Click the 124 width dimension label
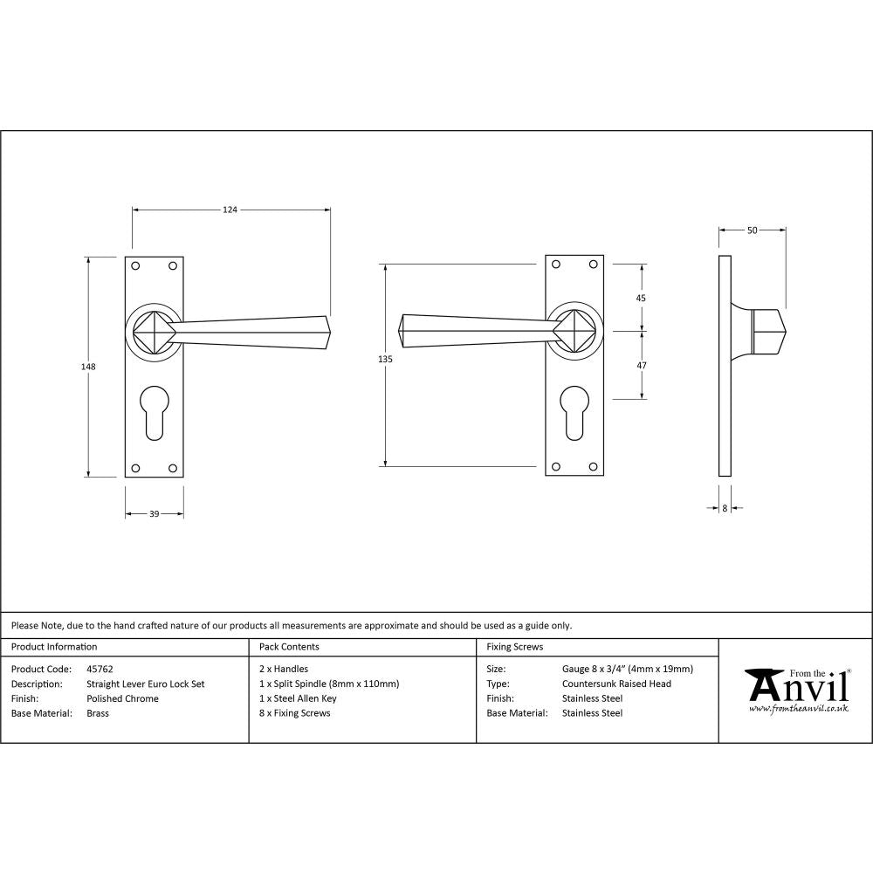point(230,210)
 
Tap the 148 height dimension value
point(87,367)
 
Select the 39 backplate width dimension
point(154,514)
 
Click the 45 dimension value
point(641,298)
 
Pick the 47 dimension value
point(641,366)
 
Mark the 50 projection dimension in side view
point(752,230)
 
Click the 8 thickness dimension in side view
point(725,507)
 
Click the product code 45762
point(100,670)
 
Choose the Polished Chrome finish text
point(122,698)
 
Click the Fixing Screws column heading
point(514,647)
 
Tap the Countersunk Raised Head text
point(616,684)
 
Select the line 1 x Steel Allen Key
point(298,698)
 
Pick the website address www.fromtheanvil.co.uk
point(798,709)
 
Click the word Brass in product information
point(98,713)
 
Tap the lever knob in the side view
point(769,332)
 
